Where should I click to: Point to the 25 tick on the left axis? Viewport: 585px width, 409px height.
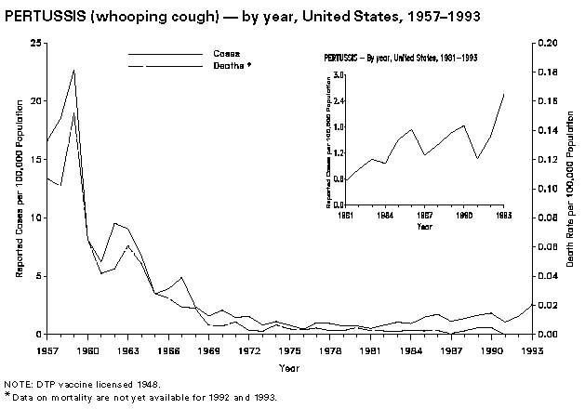point(34,43)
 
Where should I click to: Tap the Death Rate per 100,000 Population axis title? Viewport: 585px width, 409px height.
point(570,189)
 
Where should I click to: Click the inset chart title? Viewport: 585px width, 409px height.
point(401,58)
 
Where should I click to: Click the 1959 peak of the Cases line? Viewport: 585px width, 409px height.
point(73,70)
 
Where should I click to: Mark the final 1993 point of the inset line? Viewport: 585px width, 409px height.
point(504,94)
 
